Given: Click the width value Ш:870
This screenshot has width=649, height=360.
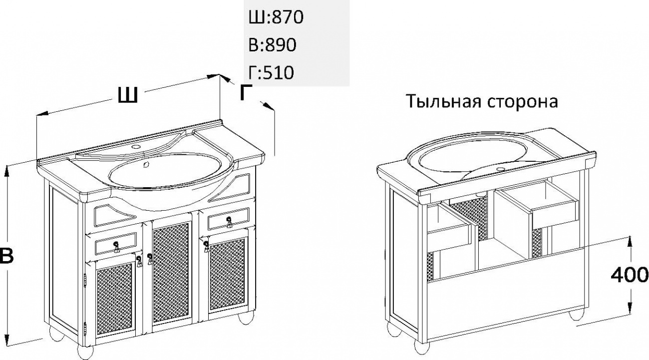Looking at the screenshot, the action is coord(276,17).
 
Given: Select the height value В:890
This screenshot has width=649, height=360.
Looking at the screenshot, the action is coord(273,45).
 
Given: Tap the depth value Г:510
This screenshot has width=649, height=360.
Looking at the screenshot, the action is coord(271,72).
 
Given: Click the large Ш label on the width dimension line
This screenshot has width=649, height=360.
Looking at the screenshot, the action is coord(127,95).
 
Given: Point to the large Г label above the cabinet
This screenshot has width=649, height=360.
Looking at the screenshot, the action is coord(246,93).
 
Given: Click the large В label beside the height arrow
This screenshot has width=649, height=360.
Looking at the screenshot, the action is coord(6,256).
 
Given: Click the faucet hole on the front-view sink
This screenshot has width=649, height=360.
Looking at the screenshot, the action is coord(135,147).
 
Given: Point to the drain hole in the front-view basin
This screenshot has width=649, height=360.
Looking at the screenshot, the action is coord(146,165).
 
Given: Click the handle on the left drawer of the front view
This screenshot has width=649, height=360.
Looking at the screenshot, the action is coord(116,247).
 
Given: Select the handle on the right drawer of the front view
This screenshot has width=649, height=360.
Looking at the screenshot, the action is coord(229,222).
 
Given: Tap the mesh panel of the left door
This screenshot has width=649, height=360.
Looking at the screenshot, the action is coord(114,300).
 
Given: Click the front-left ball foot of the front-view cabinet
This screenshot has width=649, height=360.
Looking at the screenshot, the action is coord(85,353).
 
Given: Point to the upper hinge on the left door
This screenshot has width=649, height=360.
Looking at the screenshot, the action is coord(85,280).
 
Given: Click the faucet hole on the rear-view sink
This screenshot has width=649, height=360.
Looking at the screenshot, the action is coord(500,169).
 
